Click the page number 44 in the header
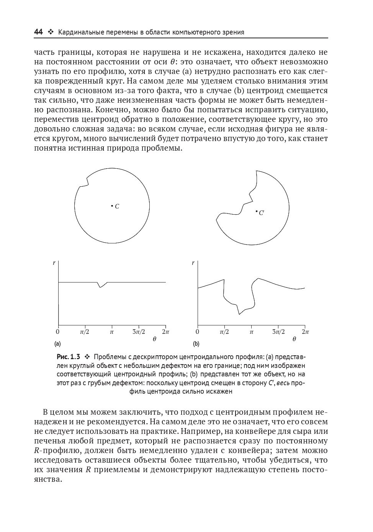click(38, 32)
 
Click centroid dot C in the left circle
click(112, 206)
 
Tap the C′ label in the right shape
click(261, 213)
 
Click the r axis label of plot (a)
click(54, 263)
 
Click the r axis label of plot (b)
click(193, 263)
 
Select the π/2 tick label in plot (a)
click(85, 332)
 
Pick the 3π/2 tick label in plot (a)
click(139, 332)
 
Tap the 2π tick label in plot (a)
click(165, 332)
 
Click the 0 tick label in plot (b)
click(197, 332)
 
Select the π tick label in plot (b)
click(251, 332)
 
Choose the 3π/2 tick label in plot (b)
click(278, 332)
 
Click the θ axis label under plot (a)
click(154, 339)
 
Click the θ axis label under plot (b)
click(294, 339)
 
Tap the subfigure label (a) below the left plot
click(58, 344)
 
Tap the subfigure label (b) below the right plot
click(196, 344)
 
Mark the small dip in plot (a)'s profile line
click(101, 286)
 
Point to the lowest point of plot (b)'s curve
click(240, 314)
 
